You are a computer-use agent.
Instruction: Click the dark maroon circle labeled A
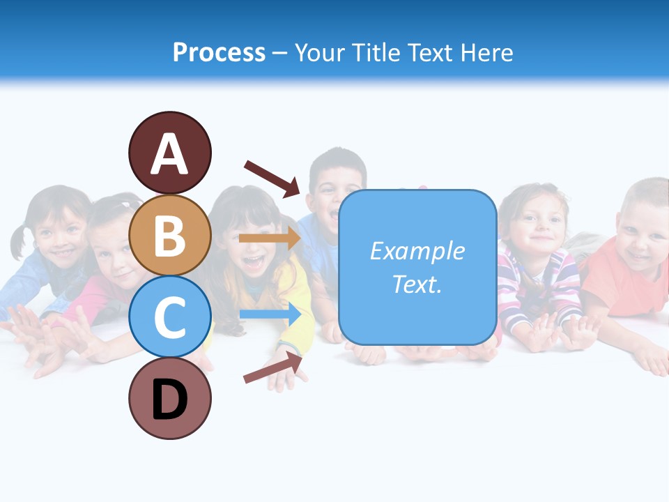pyautogui.click(x=169, y=153)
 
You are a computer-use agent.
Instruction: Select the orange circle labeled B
pyautogui.click(x=169, y=235)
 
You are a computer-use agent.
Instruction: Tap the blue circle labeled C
pyautogui.click(x=169, y=317)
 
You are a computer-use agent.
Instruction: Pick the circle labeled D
pyautogui.click(x=169, y=398)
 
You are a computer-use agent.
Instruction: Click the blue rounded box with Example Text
pyautogui.click(x=417, y=267)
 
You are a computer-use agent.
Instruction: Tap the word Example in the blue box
pyautogui.click(x=417, y=251)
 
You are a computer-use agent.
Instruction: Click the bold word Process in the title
pyautogui.click(x=219, y=52)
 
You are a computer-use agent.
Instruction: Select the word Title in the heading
pyautogui.click(x=376, y=52)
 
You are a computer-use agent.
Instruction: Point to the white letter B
pyautogui.click(x=169, y=235)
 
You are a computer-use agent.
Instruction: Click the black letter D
pyautogui.click(x=169, y=400)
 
